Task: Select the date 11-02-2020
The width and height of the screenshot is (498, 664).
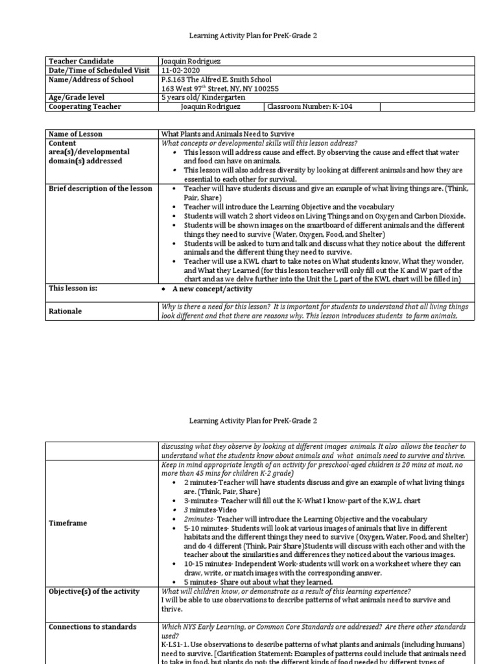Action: click(x=180, y=70)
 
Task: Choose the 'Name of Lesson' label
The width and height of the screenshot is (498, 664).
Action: click(x=75, y=134)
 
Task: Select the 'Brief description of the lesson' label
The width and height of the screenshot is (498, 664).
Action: click(x=101, y=189)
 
